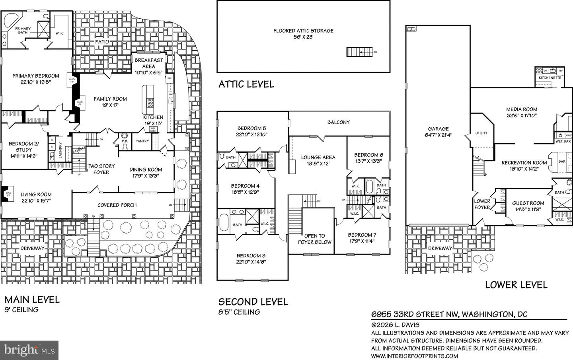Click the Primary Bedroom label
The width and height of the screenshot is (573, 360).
click(35, 76)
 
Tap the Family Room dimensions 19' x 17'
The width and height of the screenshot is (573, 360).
click(110, 106)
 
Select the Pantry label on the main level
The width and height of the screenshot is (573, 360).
click(142, 141)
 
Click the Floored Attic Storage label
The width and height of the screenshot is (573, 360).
click(303, 31)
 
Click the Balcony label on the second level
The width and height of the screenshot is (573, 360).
click(338, 123)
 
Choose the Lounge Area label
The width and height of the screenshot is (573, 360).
click(318, 157)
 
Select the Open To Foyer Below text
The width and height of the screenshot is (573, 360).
click(314, 239)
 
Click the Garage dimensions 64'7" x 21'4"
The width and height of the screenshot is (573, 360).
click(438, 135)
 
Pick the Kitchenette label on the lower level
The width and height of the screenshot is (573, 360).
click(550, 78)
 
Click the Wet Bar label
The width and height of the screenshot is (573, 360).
click(563, 141)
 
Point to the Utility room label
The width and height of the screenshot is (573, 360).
click(481, 133)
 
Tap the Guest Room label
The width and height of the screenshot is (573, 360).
click(528, 203)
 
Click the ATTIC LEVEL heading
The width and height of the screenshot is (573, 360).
click(246, 84)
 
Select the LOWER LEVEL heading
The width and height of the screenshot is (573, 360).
click(516, 285)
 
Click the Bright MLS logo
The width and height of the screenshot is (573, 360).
click(29, 350)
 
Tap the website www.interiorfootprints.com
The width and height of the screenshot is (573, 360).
click(414, 356)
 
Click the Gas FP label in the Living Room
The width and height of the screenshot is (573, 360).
click(8, 193)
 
